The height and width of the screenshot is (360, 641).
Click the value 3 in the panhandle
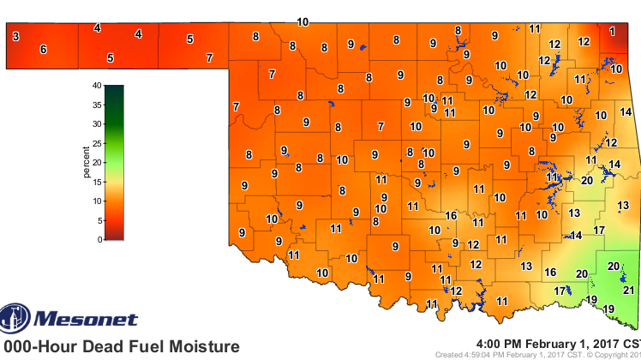[15, 36]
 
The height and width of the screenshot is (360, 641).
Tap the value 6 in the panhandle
[43, 50]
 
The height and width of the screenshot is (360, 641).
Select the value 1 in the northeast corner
[612, 31]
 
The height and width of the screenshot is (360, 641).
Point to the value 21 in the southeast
[628, 291]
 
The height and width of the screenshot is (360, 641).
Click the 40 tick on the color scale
[99, 86]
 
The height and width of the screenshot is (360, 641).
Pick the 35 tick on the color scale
[99, 105]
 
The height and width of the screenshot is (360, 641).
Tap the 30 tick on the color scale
[99, 124]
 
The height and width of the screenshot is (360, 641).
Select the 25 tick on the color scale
[99, 143]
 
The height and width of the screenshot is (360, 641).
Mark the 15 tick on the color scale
[99, 182]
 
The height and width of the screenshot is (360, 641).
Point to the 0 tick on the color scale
[100, 239]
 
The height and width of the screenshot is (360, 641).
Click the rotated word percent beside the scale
[87, 161]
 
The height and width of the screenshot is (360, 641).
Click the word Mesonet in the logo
[85, 320]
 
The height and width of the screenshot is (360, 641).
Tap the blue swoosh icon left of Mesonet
[15, 318]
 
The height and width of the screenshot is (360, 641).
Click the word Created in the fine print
[450, 355]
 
